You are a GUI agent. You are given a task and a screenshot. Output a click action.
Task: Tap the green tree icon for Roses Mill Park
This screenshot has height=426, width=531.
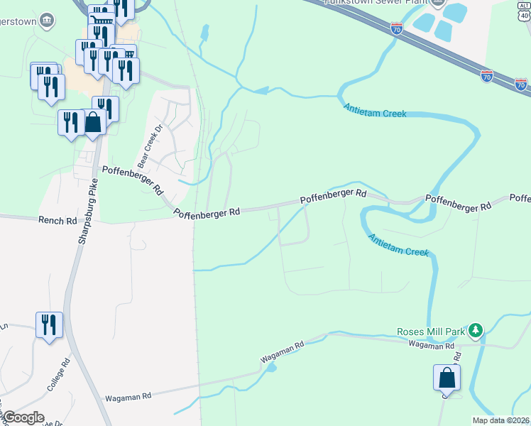(x=476, y=330)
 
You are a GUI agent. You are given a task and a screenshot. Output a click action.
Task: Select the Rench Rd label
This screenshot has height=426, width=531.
(x=58, y=221)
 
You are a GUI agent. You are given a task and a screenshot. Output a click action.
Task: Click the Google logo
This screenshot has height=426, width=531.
(x=23, y=417)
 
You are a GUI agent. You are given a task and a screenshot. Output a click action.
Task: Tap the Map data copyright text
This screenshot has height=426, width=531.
(x=501, y=420)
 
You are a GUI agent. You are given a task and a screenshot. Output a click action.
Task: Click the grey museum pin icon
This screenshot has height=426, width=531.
(x=47, y=19)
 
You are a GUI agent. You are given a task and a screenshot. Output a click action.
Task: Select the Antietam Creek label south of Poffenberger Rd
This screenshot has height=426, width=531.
(x=398, y=243)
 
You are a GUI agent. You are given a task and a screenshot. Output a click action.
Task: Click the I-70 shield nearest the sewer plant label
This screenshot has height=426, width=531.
(x=397, y=28)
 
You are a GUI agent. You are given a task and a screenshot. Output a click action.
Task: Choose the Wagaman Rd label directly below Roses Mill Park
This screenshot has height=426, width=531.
(x=431, y=346)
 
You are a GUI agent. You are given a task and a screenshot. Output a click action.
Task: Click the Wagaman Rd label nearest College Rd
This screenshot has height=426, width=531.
(x=128, y=398)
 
